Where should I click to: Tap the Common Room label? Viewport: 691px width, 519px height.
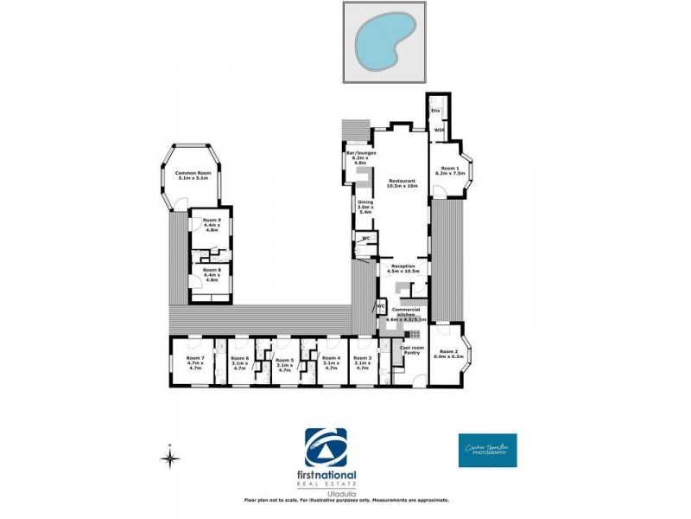[x=191, y=176]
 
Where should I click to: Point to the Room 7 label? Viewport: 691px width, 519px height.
[x=194, y=362]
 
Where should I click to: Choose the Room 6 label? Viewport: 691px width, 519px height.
[x=240, y=362]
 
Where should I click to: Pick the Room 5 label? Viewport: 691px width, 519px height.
[x=284, y=362]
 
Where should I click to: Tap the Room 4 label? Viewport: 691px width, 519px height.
[x=331, y=362]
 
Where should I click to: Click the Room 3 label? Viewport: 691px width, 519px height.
[x=364, y=362]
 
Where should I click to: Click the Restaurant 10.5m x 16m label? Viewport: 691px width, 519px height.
[x=402, y=183]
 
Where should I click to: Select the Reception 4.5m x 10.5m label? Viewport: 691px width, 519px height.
[x=404, y=268]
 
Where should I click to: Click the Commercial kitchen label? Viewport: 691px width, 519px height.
[x=406, y=314]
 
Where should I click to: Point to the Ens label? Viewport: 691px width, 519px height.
[x=435, y=111]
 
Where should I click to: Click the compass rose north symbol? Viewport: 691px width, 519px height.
[x=170, y=458]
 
